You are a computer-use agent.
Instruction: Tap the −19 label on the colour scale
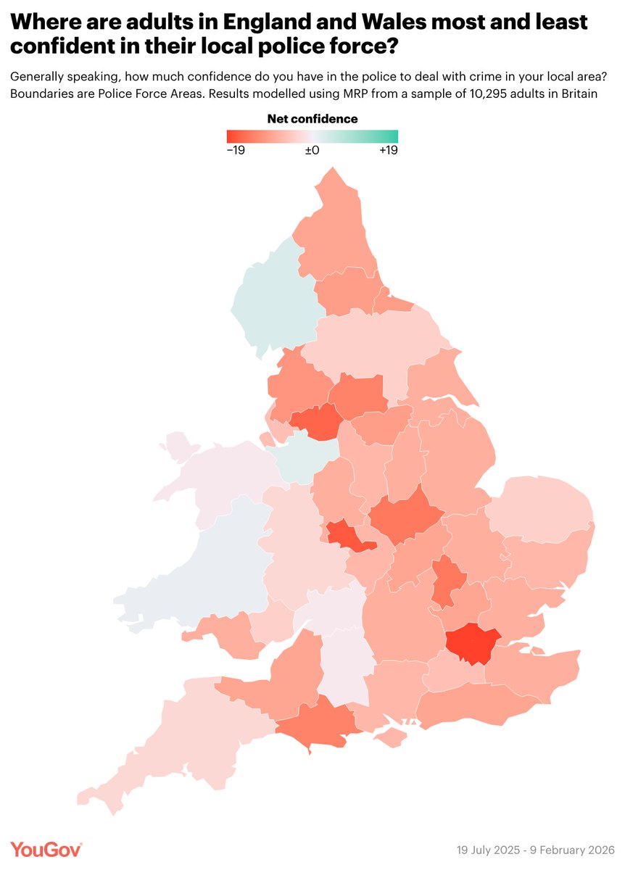tap(236, 150)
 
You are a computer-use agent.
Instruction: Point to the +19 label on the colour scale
tap(387, 150)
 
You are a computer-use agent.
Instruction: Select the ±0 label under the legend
tap(312, 150)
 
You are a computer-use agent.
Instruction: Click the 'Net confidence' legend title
tap(312, 118)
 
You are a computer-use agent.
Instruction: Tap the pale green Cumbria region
tap(272, 297)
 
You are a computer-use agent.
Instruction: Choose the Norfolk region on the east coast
tap(540, 507)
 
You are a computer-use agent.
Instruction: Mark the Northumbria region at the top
tap(334, 232)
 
